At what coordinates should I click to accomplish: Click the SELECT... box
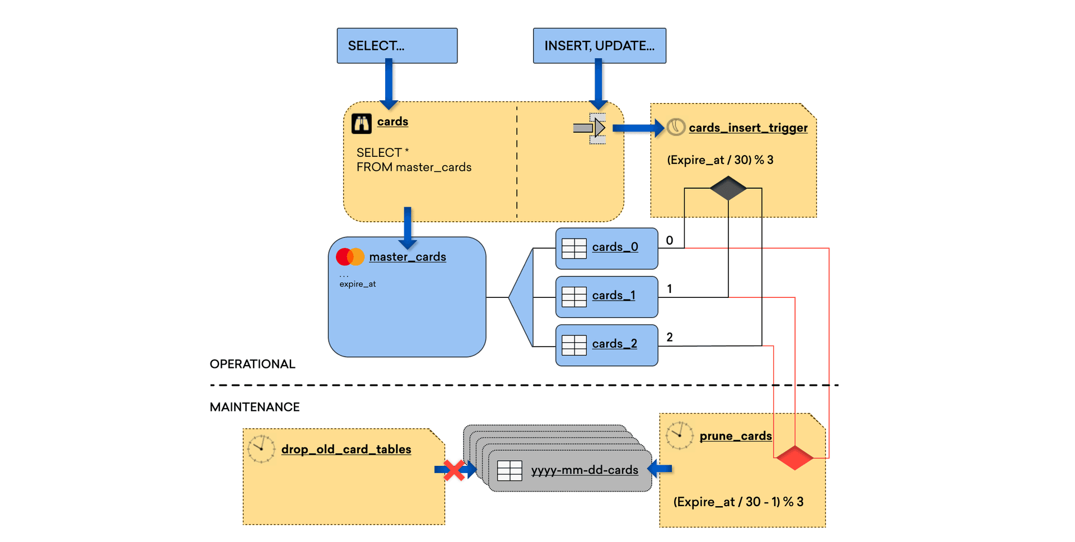tap(397, 46)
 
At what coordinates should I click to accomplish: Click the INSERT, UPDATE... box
tap(599, 46)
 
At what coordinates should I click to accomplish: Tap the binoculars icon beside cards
tap(361, 123)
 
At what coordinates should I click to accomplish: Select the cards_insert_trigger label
tap(748, 128)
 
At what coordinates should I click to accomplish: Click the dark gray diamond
tap(728, 188)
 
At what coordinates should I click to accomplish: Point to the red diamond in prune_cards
tap(794, 457)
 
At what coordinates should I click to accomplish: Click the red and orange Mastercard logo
tap(350, 257)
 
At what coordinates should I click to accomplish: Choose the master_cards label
tap(408, 257)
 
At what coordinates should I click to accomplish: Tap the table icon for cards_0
tap(574, 248)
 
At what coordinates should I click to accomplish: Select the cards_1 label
tap(614, 296)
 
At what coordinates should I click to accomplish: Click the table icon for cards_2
tap(574, 345)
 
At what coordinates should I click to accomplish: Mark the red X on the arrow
tap(454, 470)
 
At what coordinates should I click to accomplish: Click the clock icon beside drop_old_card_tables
tap(261, 449)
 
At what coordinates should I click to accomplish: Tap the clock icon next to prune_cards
tap(680, 436)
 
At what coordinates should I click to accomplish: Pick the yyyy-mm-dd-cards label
tap(585, 470)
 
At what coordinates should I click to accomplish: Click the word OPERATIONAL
tap(253, 365)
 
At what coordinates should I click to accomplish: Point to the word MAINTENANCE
tap(255, 407)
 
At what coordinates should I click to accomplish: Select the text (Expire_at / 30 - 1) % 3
tap(738, 502)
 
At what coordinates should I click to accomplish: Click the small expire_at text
tap(357, 284)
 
